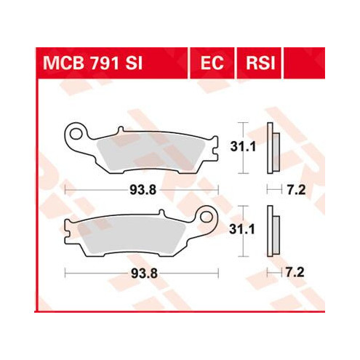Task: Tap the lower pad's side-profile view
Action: pos(273,231)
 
